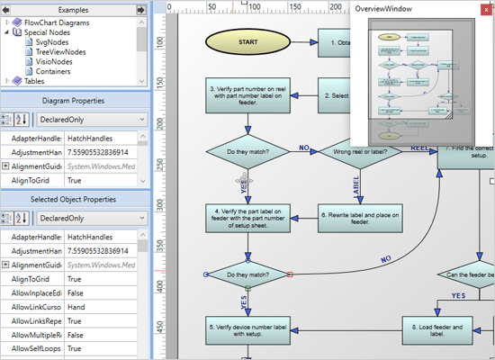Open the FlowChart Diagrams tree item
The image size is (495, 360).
click(55, 21)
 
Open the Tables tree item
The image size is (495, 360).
click(34, 81)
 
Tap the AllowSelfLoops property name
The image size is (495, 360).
click(31, 347)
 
